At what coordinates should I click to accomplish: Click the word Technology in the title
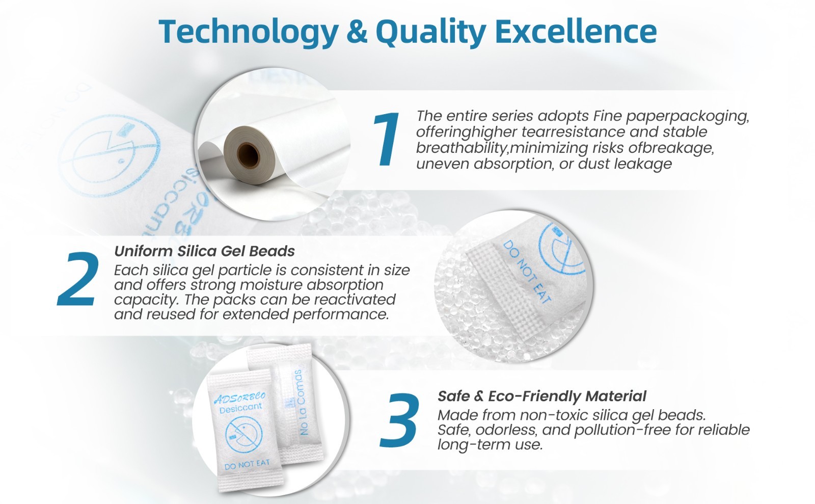(x=249, y=32)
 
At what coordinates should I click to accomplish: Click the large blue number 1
(x=387, y=139)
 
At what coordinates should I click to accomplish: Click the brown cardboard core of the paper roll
(x=249, y=155)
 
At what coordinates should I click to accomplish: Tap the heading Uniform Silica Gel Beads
(x=204, y=251)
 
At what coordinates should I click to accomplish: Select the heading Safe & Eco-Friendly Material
(x=542, y=396)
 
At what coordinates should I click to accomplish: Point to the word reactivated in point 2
(x=355, y=300)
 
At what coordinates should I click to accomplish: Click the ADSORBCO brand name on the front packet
(x=240, y=397)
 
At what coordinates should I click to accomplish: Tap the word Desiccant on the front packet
(x=240, y=408)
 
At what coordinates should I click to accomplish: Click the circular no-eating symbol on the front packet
(x=244, y=435)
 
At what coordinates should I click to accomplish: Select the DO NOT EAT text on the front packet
(x=247, y=465)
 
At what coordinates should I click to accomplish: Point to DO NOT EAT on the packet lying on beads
(x=527, y=272)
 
